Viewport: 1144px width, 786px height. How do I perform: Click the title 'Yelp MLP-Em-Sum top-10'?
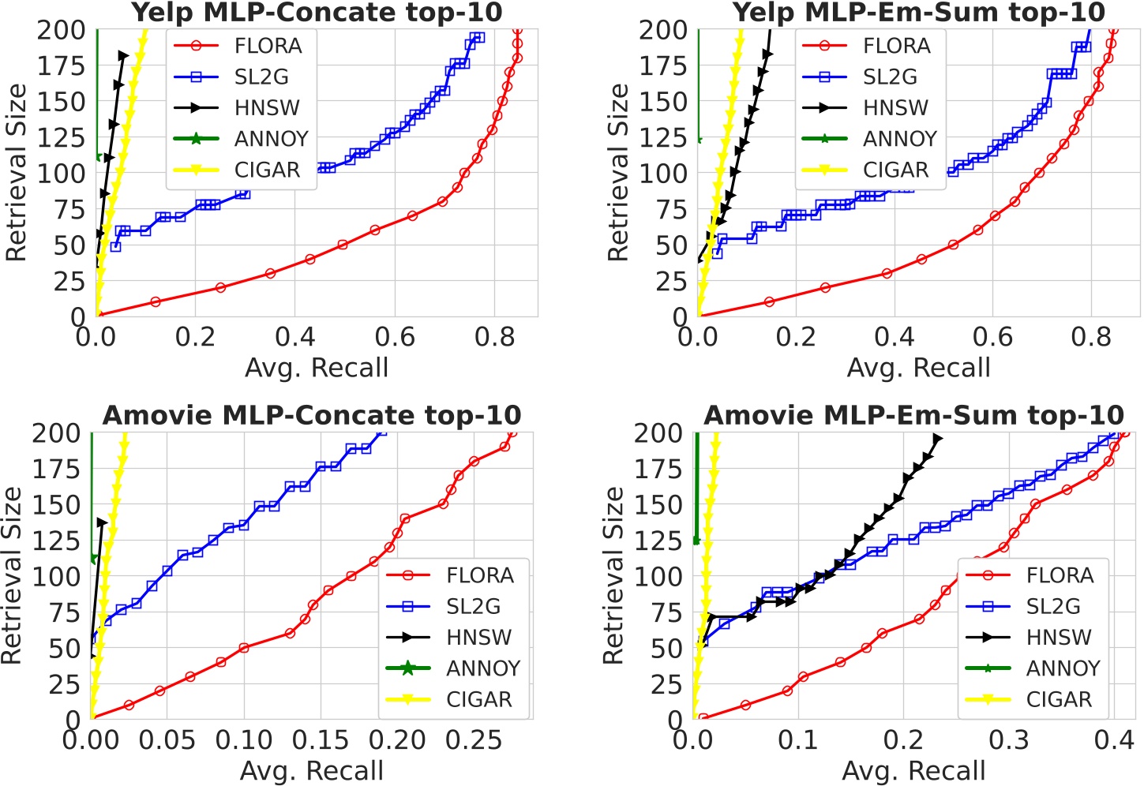(919, 13)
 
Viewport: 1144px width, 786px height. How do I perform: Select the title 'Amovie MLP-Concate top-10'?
(312, 415)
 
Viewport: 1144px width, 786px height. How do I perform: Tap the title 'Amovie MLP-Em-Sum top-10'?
(913, 415)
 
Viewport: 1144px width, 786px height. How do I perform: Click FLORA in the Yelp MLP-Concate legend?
(268, 47)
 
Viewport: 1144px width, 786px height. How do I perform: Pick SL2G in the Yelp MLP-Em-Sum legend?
(890, 77)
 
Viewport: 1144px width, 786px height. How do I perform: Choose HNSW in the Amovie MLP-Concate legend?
(478, 638)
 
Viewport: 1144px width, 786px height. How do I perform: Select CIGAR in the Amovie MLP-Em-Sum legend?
(1059, 700)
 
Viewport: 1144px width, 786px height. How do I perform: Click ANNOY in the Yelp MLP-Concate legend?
(271, 139)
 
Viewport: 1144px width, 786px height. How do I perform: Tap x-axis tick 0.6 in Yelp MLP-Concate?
(395, 337)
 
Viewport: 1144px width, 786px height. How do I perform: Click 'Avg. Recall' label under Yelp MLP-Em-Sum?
(918, 368)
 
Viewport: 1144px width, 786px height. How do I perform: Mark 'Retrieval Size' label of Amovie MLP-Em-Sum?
(613, 575)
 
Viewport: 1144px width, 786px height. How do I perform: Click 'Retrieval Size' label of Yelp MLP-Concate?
(16, 172)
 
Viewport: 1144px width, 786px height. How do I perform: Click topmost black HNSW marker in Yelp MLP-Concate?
(123, 56)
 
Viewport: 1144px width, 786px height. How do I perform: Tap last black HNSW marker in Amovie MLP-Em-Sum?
(937, 439)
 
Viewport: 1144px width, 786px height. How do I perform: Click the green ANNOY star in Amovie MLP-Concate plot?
(93, 559)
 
